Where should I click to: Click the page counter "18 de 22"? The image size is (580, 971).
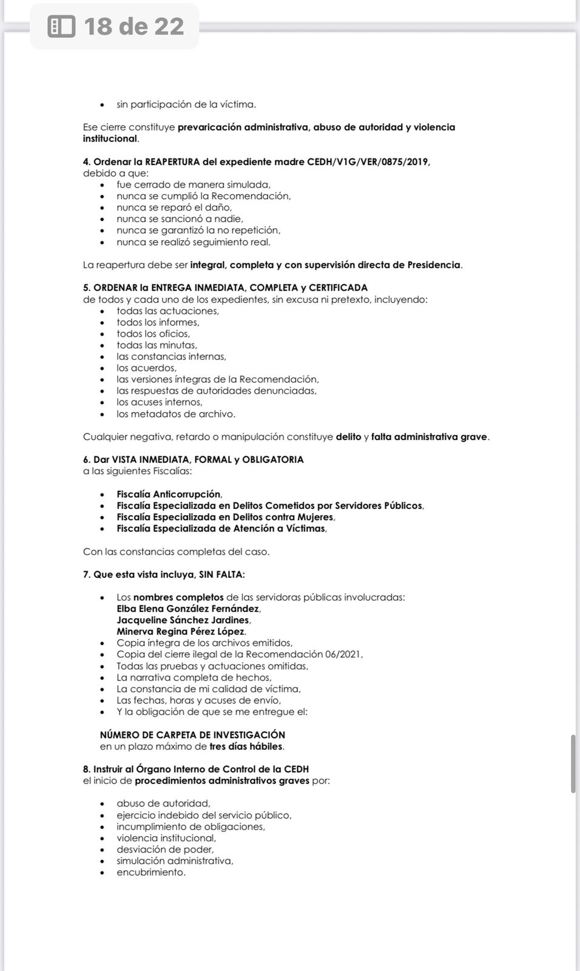[x=134, y=26]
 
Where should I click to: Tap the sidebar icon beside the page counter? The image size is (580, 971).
[x=61, y=26]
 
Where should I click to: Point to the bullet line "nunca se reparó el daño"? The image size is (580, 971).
[x=174, y=208]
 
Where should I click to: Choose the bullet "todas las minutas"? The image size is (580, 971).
[x=157, y=345]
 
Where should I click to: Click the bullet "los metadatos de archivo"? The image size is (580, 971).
[x=176, y=414]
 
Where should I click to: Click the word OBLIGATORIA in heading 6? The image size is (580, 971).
[x=272, y=459]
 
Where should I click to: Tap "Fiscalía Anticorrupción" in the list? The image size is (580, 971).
[x=169, y=494]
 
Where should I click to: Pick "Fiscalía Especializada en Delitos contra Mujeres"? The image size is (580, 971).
[x=224, y=517]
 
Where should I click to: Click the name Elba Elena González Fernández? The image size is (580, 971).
[x=188, y=609]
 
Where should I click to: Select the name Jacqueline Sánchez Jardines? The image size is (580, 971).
[x=183, y=620]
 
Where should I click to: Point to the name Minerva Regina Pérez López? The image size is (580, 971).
[x=181, y=632]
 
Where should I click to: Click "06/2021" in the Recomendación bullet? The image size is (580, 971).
[x=342, y=654]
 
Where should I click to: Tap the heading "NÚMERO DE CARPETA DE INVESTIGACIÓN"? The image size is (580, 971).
[x=192, y=735]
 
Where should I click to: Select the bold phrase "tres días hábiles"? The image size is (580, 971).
[x=246, y=746]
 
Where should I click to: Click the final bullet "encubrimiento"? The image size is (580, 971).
[x=151, y=873]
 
